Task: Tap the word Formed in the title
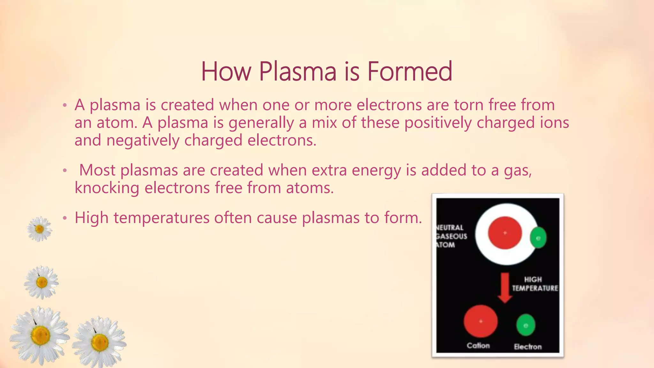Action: click(x=409, y=72)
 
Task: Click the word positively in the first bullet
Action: click(x=438, y=123)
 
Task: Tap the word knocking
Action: click(x=107, y=188)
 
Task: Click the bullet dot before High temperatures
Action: click(x=65, y=218)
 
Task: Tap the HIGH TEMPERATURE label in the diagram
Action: click(x=535, y=284)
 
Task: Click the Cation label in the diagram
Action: click(x=478, y=346)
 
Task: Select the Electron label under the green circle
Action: click(x=528, y=347)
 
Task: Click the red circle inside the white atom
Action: click(x=505, y=233)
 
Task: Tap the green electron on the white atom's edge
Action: click(x=538, y=238)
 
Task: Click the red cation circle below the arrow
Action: click(x=480, y=321)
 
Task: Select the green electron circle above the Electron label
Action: click(x=526, y=325)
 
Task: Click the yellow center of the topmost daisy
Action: click(x=39, y=229)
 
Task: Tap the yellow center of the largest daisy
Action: click(x=41, y=335)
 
